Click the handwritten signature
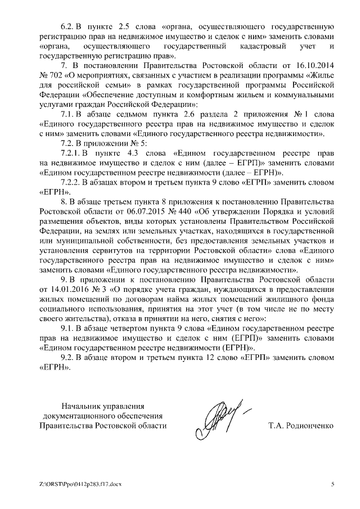coord(222,419)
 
